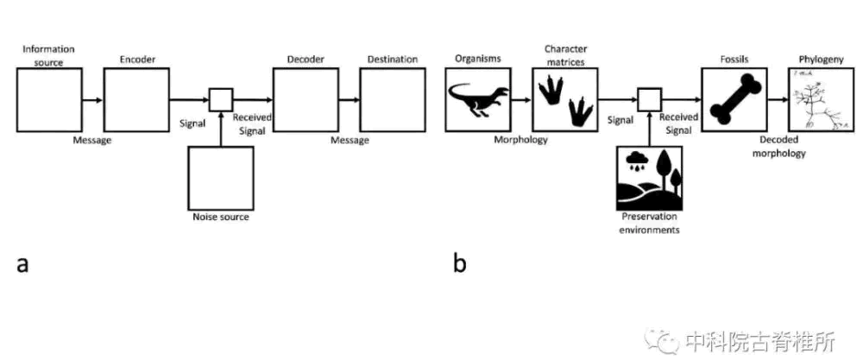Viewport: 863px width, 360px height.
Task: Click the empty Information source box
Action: [x=49, y=100]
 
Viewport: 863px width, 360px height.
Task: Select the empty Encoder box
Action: [x=136, y=100]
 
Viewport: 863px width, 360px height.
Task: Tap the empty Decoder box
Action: [x=306, y=100]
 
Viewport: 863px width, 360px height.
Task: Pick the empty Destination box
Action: [x=393, y=100]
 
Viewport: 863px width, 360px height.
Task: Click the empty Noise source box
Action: [x=221, y=177]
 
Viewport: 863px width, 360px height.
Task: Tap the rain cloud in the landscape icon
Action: [x=639, y=160]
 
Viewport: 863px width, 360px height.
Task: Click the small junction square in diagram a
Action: [x=221, y=100]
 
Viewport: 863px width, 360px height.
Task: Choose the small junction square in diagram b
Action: [x=649, y=100]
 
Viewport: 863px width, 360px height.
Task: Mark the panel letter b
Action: [x=460, y=262]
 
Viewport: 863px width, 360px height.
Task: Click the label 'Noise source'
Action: [x=221, y=217]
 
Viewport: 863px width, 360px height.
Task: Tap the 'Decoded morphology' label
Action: [x=783, y=147]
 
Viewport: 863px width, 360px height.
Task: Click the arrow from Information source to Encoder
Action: [x=92, y=100]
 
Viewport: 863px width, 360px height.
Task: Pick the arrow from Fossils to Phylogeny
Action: [x=778, y=100]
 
